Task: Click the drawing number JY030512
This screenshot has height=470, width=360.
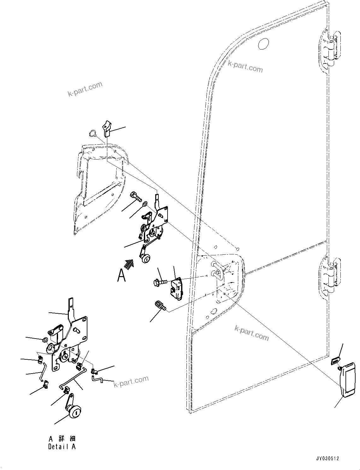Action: click(x=328, y=459)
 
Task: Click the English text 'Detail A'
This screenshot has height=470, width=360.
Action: click(x=62, y=446)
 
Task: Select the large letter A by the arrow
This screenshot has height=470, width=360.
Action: click(x=121, y=275)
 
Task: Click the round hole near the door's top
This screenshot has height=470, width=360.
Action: click(x=263, y=44)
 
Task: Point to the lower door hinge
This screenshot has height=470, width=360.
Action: click(x=330, y=274)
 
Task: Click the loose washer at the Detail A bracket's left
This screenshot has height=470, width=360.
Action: click(x=45, y=340)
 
